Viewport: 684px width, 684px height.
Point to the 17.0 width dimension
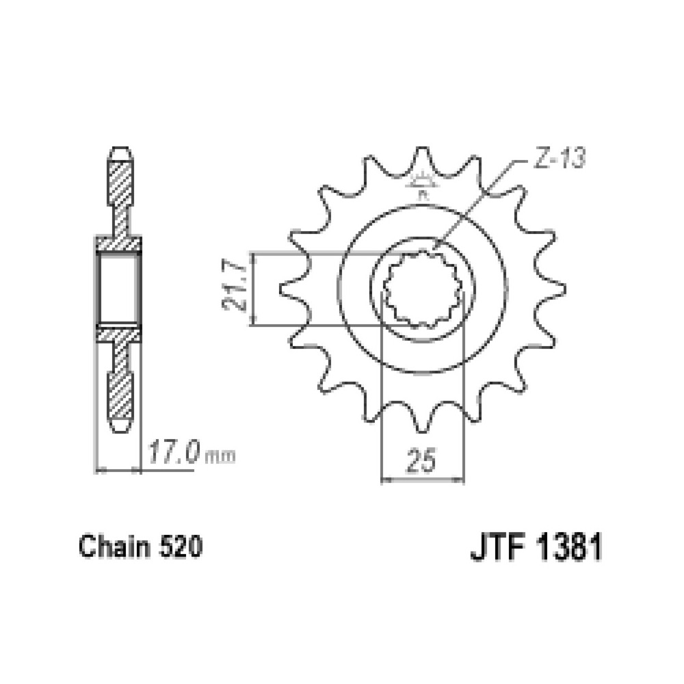point(174,452)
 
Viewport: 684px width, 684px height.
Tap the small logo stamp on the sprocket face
point(423,183)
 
